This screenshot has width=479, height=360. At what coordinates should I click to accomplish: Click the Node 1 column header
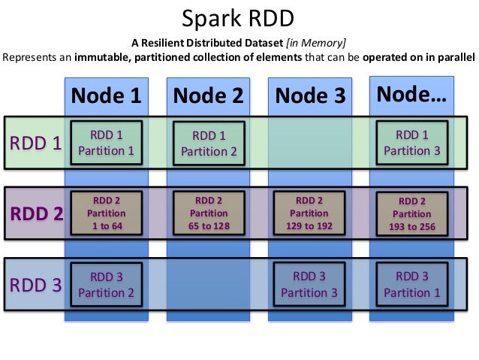[106, 95]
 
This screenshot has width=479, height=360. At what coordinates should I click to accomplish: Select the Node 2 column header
[208, 95]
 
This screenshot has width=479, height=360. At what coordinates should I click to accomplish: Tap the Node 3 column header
[310, 95]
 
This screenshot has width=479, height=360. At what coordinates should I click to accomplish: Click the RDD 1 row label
[35, 142]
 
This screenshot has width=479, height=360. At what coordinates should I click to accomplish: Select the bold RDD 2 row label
[35, 213]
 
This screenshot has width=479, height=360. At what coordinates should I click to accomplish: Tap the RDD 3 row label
[35, 285]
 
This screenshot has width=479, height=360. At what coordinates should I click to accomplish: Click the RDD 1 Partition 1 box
[106, 142]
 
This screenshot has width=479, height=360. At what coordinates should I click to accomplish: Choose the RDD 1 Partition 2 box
[208, 143]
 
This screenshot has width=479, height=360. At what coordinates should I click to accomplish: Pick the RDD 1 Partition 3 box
[411, 142]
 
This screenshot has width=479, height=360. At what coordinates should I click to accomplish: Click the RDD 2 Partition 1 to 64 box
[106, 213]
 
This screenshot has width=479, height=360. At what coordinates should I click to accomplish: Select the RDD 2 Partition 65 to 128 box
[208, 213]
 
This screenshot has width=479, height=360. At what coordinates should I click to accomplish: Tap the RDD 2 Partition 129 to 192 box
[310, 213]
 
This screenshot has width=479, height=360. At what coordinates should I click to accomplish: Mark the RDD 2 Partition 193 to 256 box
[411, 214]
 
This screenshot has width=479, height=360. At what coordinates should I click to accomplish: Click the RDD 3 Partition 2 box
[106, 284]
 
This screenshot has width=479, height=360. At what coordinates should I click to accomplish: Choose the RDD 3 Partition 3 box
[310, 284]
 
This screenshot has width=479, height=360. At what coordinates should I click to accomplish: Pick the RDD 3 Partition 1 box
[411, 284]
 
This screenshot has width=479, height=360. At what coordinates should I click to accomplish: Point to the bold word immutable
[104, 56]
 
